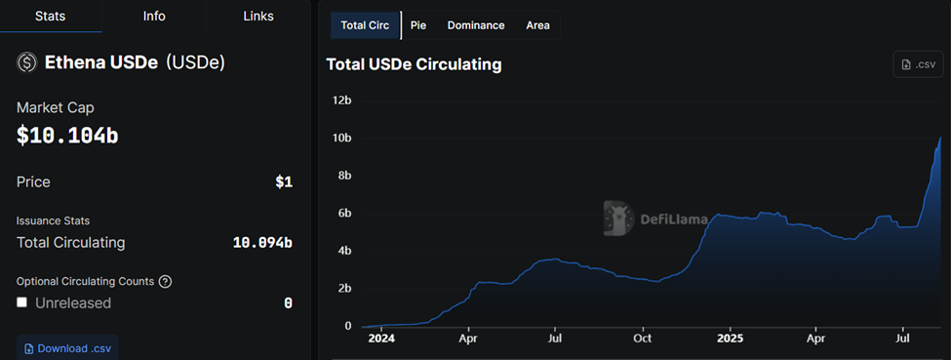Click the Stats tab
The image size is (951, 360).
click(x=50, y=17)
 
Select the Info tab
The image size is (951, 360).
click(x=154, y=17)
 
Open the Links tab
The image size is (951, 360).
click(x=258, y=17)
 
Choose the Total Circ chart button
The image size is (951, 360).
click(x=366, y=25)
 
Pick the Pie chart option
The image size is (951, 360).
click(x=418, y=25)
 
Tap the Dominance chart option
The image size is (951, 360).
click(x=476, y=25)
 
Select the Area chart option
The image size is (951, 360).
click(x=537, y=25)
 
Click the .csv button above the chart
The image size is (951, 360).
click(x=919, y=64)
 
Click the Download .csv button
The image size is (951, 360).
click(x=67, y=348)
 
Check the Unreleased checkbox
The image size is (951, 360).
click(x=22, y=302)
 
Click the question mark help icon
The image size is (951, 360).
click(x=165, y=281)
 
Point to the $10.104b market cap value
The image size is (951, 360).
click(x=67, y=136)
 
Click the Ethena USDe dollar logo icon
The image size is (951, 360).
click(x=26, y=62)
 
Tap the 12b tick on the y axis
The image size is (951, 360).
click(x=341, y=100)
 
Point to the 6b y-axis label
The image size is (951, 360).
click(x=343, y=214)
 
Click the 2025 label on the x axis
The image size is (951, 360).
click(x=730, y=339)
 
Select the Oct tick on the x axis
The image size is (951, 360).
click(x=642, y=339)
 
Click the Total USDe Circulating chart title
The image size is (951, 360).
click(x=414, y=64)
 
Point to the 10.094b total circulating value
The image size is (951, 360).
click(x=262, y=243)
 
